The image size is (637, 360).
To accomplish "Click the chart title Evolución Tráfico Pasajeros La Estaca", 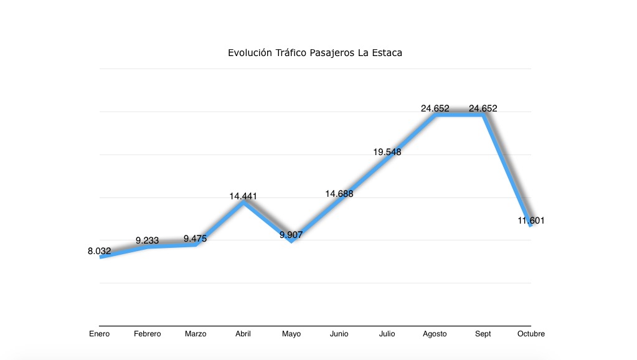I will point(315,53).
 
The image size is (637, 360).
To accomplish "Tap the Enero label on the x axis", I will point(99,334).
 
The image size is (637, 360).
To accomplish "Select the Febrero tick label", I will point(148,334).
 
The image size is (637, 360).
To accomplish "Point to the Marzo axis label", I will point(196,334).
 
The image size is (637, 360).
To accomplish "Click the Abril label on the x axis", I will point(243,334).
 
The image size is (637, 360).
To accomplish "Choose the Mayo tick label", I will point(291,334).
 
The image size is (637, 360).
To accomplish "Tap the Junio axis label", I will point(339,334).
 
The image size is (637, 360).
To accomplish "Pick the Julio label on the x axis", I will point(387,334).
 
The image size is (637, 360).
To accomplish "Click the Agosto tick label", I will point(435,334).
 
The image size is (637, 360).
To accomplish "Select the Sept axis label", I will point(483,334).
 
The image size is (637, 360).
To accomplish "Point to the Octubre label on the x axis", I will point(531,334).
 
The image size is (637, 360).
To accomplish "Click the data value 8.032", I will point(100,251).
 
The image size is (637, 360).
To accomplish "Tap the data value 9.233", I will point(148,240).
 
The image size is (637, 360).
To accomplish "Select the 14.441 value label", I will point(243,196).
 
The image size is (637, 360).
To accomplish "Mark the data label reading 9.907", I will point(291,235).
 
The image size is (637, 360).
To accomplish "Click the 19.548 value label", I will point(387,151).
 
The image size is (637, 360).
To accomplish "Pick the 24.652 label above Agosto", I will point(435,108).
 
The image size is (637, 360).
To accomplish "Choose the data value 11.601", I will point(531,220).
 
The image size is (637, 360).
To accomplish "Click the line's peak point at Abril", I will point(243,202).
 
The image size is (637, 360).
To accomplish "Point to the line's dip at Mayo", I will point(291,240).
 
